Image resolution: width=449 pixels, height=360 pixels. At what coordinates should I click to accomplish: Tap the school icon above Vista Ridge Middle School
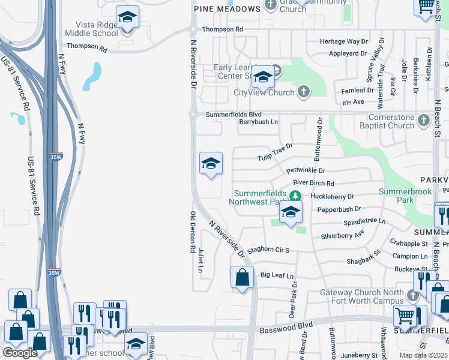point(127,18)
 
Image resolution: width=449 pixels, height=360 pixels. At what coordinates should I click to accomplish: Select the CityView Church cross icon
point(304,92)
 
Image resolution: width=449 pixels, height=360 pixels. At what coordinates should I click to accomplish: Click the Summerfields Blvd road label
point(234,114)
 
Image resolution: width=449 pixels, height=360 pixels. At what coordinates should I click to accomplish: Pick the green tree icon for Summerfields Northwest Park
point(295,196)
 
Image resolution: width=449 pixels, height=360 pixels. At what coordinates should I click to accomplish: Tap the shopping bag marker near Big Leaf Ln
point(242,278)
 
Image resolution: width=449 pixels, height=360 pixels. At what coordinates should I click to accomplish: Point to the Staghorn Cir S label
point(269,250)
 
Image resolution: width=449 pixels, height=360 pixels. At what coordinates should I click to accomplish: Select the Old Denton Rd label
point(193,232)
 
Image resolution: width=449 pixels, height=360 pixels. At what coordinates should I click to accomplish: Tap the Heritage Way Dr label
point(343,41)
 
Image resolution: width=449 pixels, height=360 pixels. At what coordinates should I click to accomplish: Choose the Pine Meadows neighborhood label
point(226,9)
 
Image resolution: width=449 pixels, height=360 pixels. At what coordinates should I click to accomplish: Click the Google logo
point(19,353)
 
